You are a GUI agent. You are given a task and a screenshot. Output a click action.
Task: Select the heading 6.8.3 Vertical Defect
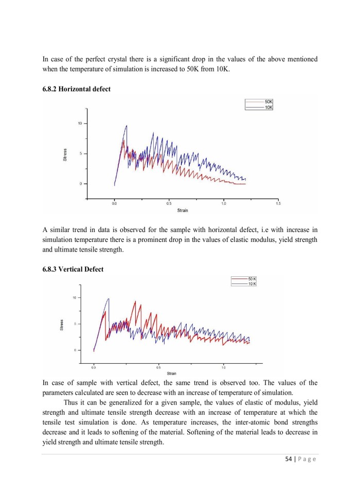click(x=73, y=269)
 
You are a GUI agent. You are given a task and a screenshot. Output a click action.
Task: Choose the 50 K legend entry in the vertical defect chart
click(x=252, y=279)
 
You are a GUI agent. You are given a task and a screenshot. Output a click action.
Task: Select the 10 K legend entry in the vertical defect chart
click(x=252, y=284)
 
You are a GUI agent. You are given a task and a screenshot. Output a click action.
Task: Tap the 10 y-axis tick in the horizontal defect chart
click(x=79, y=123)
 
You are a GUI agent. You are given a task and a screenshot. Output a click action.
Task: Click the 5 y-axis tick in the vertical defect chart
click(x=75, y=324)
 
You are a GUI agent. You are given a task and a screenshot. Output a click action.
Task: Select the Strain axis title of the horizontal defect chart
click(x=182, y=210)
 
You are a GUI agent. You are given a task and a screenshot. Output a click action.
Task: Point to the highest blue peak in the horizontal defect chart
click(x=127, y=126)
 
